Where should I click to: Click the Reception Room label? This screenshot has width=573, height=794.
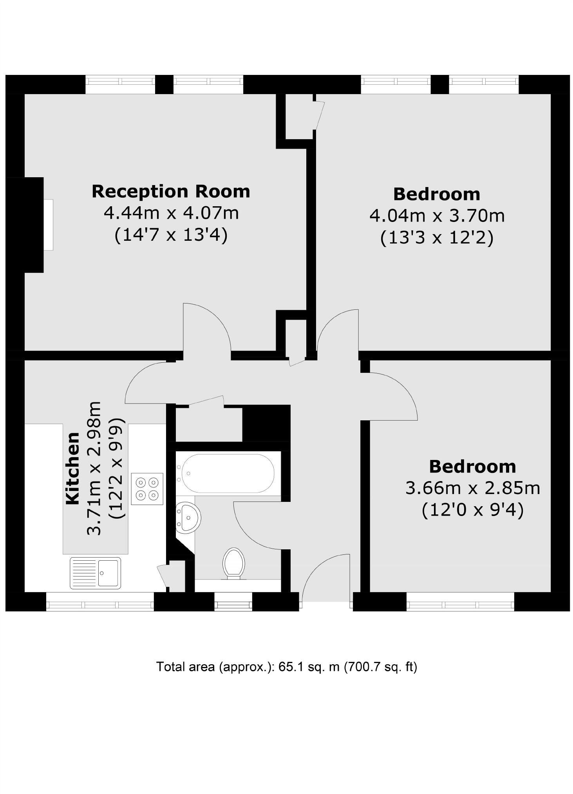(x=171, y=191)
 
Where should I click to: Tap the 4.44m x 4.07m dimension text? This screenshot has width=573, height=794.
(x=171, y=213)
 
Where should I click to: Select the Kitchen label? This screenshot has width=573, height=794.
(x=73, y=468)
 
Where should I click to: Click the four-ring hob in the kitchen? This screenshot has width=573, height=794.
(x=147, y=489)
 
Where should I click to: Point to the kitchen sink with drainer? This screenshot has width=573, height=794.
(x=95, y=573)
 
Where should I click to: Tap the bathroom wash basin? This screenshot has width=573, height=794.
(x=188, y=518)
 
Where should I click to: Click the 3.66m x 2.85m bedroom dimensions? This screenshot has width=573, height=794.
(x=472, y=488)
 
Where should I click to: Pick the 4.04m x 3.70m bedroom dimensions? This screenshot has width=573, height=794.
(x=437, y=216)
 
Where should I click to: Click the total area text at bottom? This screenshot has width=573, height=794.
(x=287, y=667)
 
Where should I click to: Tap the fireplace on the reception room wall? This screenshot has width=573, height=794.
(x=48, y=225)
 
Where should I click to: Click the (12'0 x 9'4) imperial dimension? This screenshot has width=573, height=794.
(x=472, y=510)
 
